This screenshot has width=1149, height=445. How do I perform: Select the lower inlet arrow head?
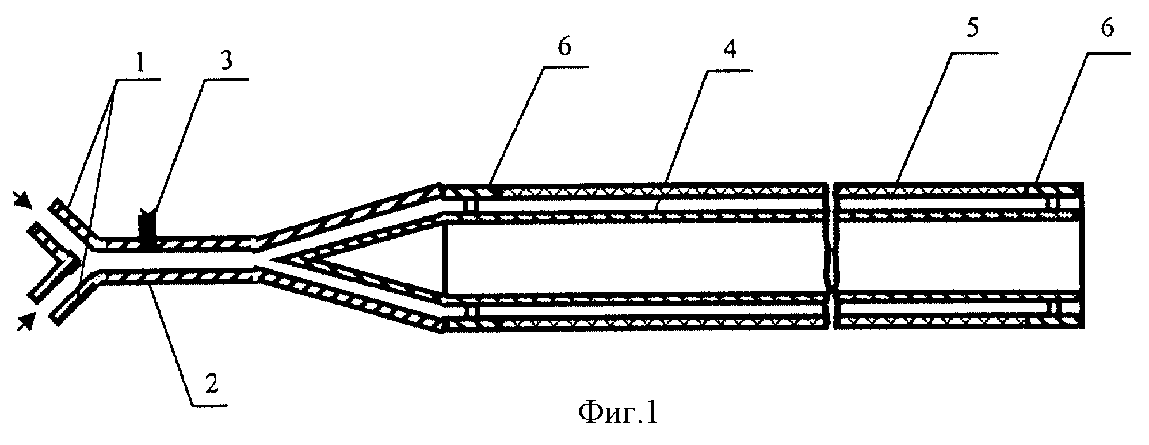click(x=25, y=320)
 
